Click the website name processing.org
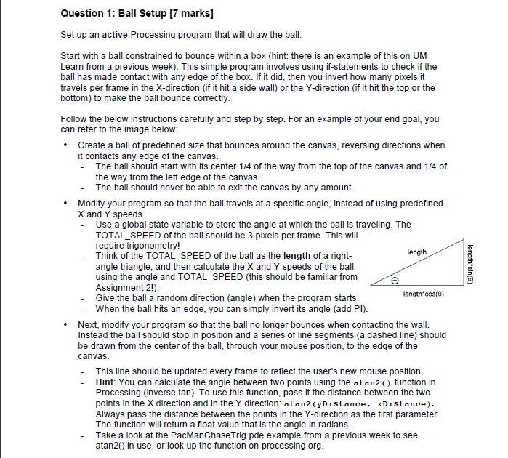[x=290, y=445]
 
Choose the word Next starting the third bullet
[x=89, y=324]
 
